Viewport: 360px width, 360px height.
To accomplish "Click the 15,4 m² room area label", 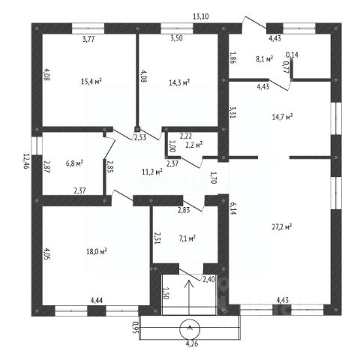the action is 91,81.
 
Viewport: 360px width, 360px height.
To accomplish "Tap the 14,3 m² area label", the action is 179,82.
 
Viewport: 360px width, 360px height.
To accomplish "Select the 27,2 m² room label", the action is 282,226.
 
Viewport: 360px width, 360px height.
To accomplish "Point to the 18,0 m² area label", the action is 97,251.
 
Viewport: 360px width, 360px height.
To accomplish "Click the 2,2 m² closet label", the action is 194,145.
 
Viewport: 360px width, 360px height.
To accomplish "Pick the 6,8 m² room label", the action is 74,163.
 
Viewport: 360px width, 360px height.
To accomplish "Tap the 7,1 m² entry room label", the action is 187,238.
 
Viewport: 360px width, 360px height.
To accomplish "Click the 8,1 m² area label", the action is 264,59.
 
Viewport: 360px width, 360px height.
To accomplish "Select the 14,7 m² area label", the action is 283,117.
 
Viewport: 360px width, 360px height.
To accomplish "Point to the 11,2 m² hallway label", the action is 152,172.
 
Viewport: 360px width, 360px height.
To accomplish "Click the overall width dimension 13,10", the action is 201,16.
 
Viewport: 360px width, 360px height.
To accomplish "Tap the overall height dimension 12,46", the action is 26,161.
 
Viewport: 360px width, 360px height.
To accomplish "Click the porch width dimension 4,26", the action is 192,343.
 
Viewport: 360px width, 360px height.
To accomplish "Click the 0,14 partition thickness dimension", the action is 292,55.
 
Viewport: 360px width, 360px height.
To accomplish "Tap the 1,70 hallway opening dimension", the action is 213,178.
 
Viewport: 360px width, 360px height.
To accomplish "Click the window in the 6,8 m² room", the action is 37,145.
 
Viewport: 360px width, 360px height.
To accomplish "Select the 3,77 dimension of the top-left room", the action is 88,39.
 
